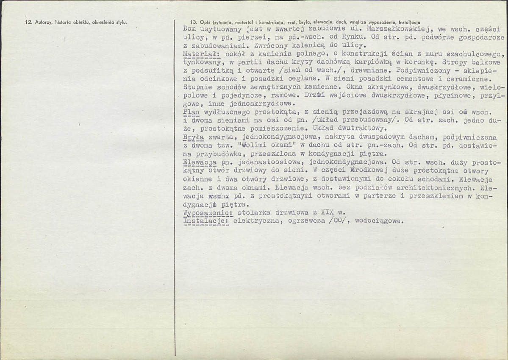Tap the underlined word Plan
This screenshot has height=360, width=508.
pos(192,112)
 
